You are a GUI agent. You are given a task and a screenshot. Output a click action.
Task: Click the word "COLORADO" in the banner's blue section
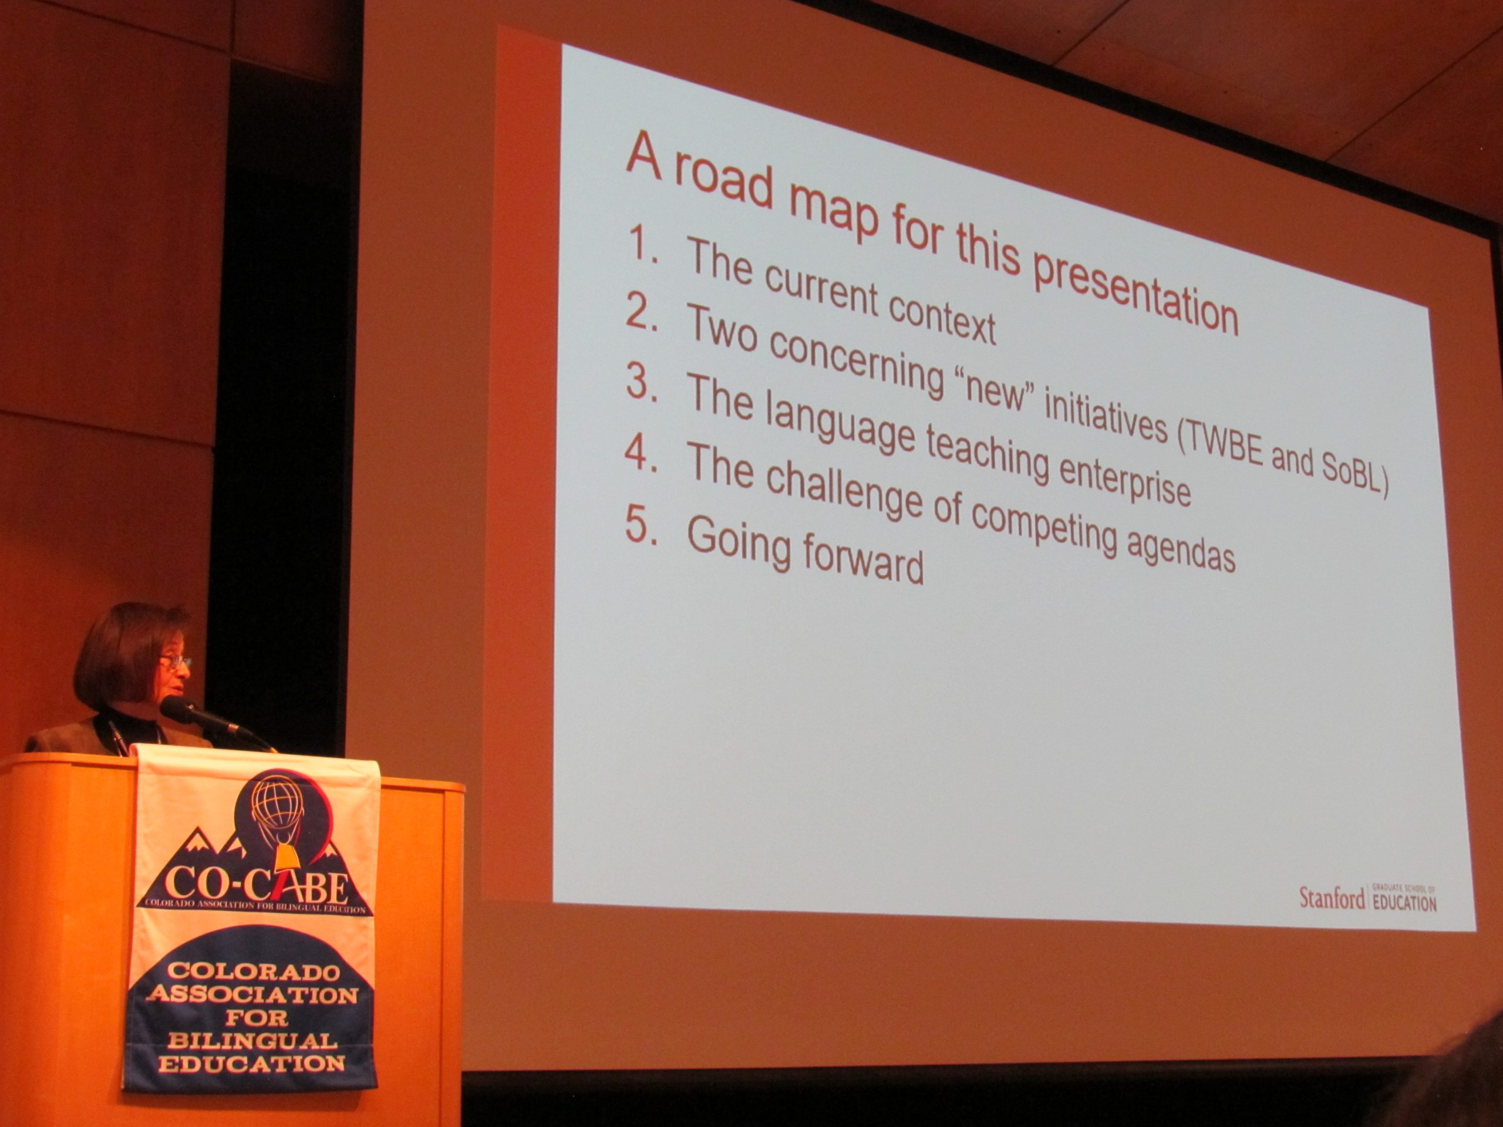tap(253, 972)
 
